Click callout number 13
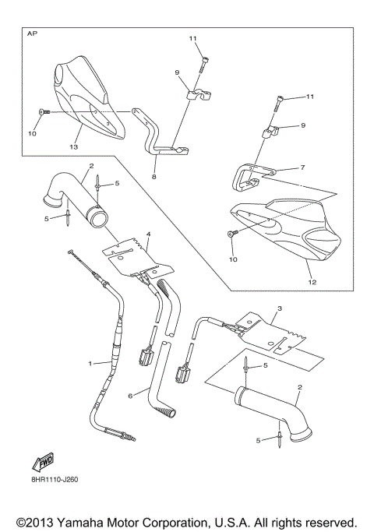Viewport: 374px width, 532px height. pyautogui.click(x=74, y=146)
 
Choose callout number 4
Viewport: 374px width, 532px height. pyautogui.click(x=147, y=234)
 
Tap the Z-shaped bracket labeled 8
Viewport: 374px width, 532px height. pyautogui.click(x=156, y=132)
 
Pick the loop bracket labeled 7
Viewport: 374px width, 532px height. pyautogui.click(x=249, y=178)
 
